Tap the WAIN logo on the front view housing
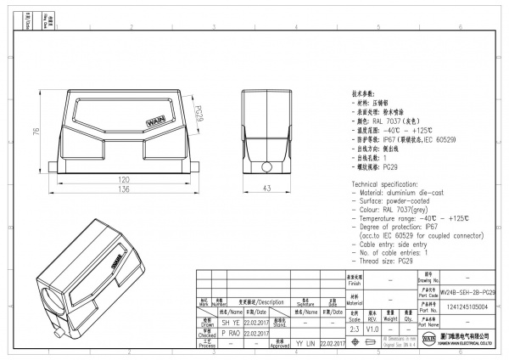pos(159,122)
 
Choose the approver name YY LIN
pos(305,344)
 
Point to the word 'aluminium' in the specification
pos(404,193)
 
